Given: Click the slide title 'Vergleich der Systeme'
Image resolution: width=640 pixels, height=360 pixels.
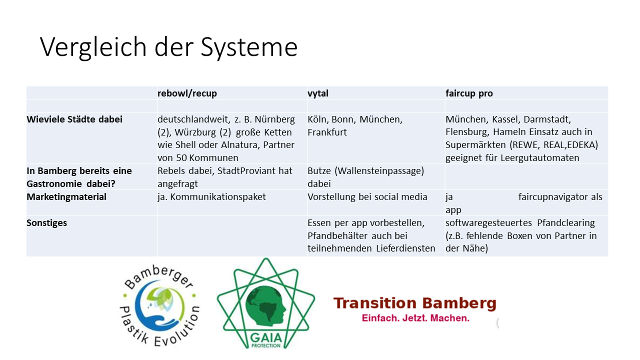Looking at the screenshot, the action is click(168, 47).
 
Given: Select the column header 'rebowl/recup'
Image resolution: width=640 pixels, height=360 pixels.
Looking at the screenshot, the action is click(187, 93).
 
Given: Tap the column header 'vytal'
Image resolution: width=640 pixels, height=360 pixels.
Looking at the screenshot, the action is click(317, 93).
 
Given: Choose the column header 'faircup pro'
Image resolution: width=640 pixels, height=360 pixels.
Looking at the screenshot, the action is click(469, 93).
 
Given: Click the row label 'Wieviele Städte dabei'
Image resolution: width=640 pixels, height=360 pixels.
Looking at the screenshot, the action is click(74, 119).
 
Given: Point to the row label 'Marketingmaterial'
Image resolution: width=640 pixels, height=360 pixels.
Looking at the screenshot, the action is click(66, 197).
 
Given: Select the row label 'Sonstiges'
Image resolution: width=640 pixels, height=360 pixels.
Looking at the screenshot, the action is click(46, 223).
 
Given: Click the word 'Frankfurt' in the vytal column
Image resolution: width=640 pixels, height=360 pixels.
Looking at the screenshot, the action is click(327, 132).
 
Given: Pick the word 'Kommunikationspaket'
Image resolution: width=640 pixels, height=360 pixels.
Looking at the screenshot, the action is click(218, 197).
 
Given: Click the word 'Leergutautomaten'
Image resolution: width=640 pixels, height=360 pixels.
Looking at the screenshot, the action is click(539, 157).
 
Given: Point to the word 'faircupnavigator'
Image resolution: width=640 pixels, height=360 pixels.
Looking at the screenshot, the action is click(552, 197).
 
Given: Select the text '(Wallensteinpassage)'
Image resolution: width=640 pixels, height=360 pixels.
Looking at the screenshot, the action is click(379, 171).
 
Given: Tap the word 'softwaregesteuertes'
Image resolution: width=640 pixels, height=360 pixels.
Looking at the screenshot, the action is click(488, 223).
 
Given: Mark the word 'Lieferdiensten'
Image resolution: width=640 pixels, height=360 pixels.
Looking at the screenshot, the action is click(405, 248).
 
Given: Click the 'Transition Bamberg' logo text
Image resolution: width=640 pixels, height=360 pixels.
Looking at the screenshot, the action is click(415, 303).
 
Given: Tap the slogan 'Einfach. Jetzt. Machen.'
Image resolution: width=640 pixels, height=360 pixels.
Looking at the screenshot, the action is click(415, 318).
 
